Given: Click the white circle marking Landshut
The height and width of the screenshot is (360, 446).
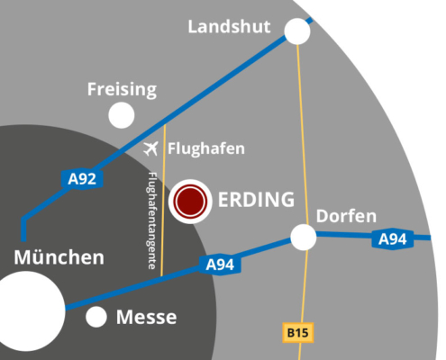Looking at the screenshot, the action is (297, 31).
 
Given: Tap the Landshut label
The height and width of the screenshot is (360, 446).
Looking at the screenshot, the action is (229, 26).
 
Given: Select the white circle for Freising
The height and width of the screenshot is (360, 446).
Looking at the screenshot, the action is (122, 115).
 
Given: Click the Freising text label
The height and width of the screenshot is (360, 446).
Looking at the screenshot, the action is (122, 89).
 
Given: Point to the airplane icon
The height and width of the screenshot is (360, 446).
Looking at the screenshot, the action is (150, 148).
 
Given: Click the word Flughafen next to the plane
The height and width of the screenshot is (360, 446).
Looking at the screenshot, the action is (206, 148).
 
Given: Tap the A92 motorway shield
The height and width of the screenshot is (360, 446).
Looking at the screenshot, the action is (82, 179).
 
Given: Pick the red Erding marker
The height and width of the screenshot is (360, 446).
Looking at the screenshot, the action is (190, 201).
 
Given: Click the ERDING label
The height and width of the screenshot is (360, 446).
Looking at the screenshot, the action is (256, 200).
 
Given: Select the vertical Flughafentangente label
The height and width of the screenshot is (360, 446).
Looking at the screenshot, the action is (152, 220).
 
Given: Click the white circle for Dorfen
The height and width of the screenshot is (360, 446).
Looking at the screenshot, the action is (304, 237).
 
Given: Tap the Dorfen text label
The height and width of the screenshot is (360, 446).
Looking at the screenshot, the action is (346, 216).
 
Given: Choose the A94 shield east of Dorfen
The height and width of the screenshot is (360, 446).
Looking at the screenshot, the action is (393, 239).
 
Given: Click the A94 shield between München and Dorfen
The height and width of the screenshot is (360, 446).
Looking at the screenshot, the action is (220, 265).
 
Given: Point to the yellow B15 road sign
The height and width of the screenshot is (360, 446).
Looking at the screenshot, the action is (298, 333).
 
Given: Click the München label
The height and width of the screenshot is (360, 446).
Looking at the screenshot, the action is (59, 257).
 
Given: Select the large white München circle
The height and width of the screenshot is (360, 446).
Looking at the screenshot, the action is (25, 311).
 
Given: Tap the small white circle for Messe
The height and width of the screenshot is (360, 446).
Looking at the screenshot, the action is (96, 317).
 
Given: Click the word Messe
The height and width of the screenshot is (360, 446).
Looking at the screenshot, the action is (147, 317).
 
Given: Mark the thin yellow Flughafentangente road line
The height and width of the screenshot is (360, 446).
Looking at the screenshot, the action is (163, 200).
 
